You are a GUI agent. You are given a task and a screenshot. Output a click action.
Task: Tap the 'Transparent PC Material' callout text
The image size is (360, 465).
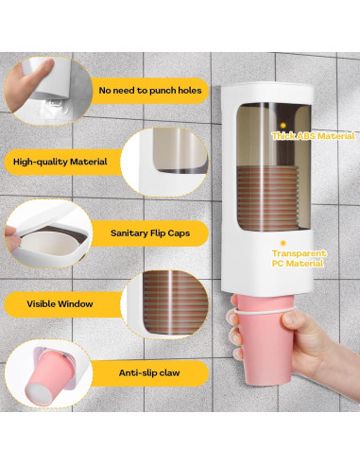[x=299, y=259]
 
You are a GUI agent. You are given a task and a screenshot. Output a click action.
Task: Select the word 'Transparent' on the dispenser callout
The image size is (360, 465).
[x=299, y=253]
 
